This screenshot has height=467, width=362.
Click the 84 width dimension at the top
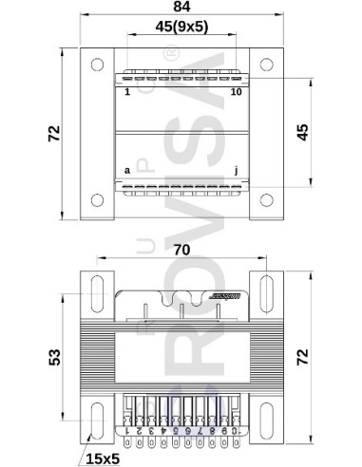(x=181, y=9)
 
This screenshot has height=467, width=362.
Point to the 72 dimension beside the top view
(x=55, y=133)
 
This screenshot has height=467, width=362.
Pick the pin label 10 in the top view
(x=236, y=92)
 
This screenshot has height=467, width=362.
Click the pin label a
(x=127, y=171)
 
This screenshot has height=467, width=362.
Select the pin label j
(x=237, y=171)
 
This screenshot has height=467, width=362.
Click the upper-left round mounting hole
(x=97, y=65)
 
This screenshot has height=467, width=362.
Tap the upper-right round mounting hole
(x=266, y=65)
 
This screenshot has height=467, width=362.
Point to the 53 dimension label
(x=55, y=357)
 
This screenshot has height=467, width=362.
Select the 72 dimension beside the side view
(x=330, y=357)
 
